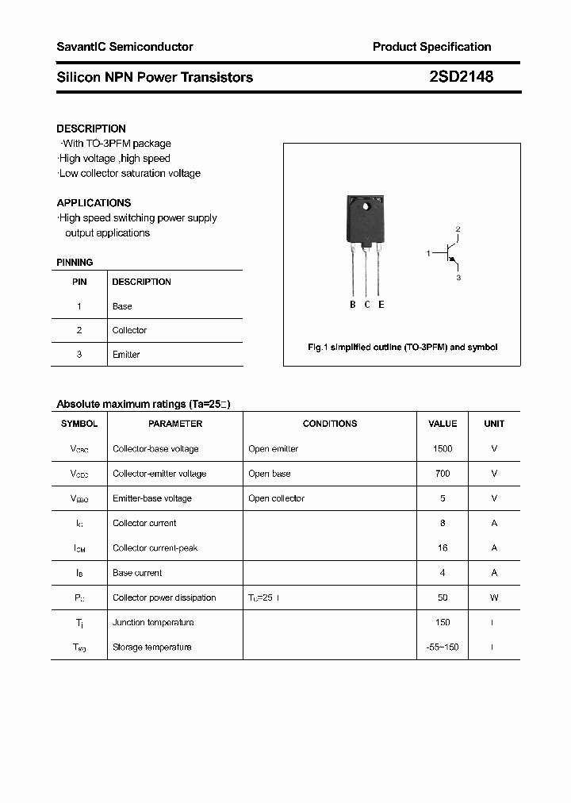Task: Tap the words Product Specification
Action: [431, 47]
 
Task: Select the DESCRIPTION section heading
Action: [91, 129]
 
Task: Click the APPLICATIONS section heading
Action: [94, 203]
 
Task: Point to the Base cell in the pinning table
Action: [122, 306]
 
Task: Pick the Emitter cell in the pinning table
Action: [126, 355]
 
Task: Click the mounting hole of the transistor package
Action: [366, 209]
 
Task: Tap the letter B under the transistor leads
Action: [353, 305]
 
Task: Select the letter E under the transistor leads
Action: [381, 305]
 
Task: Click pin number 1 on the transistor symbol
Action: [428, 253]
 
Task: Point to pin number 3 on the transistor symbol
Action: [458, 278]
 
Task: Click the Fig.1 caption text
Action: [402, 348]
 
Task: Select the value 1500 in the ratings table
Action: [443, 449]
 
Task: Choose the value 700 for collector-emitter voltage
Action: [443, 474]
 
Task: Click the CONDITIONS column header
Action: [330, 424]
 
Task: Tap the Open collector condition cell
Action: [276, 498]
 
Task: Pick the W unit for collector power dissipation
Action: [494, 597]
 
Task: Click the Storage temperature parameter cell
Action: [151, 647]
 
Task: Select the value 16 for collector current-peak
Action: [443, 548]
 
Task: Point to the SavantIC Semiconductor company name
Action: [125, 47]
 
